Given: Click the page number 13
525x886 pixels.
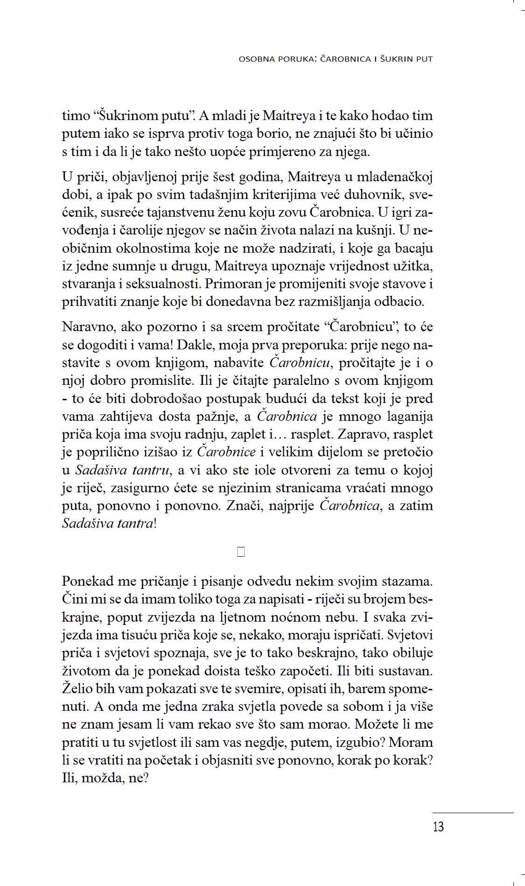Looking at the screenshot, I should [438, 827].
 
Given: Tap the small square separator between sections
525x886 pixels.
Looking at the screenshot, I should [241, 552].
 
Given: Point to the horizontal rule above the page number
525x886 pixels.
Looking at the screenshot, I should [472, 813].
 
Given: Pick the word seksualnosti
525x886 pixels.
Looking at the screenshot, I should [169, 284].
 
